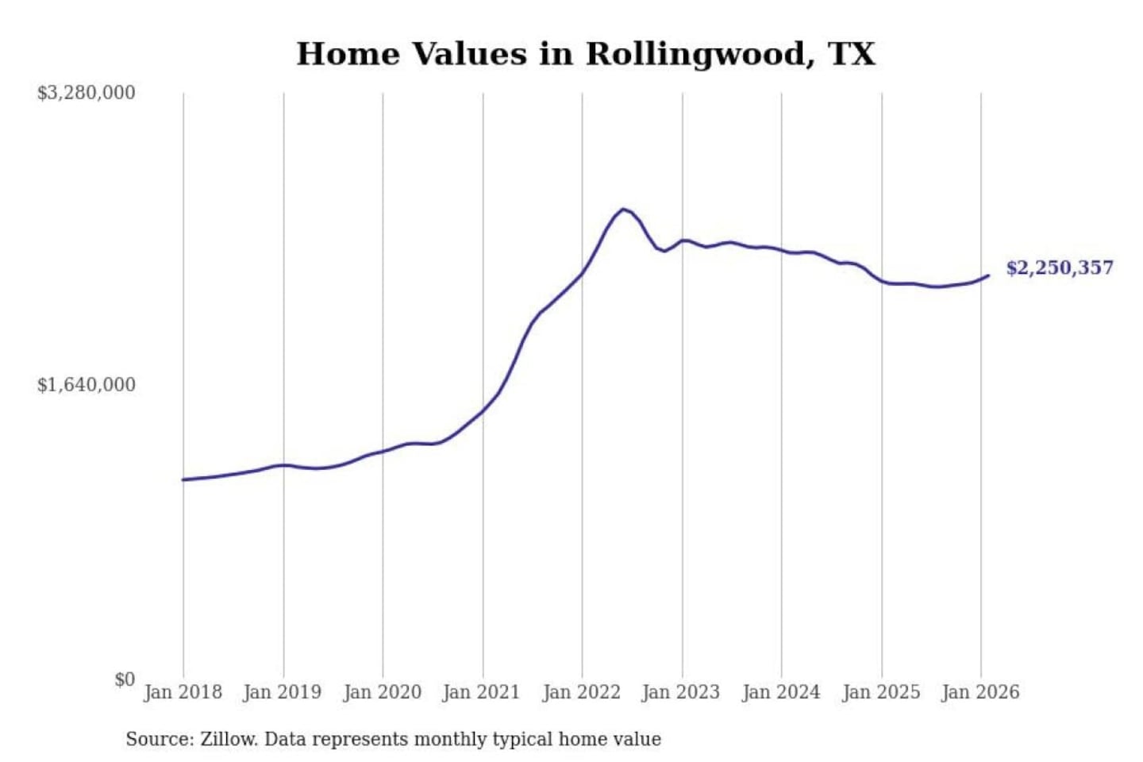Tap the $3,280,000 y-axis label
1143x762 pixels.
(86, 93)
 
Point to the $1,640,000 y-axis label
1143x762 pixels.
(86, 385)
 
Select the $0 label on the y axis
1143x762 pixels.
(125, 679)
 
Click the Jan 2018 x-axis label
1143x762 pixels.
(183, 692)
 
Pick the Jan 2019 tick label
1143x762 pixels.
(283, 692)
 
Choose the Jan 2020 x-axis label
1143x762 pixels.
(382, 692)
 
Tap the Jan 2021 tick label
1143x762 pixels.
(481, 692)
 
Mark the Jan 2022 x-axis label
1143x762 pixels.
(581, 692)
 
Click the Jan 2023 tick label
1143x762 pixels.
(681, 692)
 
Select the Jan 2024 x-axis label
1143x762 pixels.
(780, 692)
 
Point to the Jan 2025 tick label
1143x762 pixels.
(880, 692)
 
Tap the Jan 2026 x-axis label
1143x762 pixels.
(980, 692)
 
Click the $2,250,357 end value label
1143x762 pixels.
(1060, 267)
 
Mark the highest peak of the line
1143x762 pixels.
(624, 210)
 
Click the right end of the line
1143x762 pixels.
(988, 275)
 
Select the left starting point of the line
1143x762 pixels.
(183, 479)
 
